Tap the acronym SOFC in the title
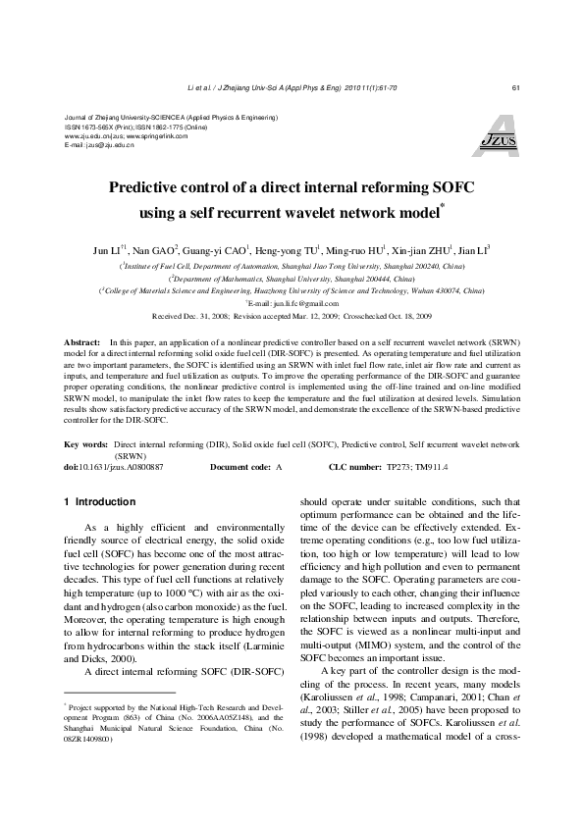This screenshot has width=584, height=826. (x=426, y=187)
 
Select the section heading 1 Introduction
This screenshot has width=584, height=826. (x=99, y=502)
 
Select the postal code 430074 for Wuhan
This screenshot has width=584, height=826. (x=445, y=291)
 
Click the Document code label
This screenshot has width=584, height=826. (x=239, y=467)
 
